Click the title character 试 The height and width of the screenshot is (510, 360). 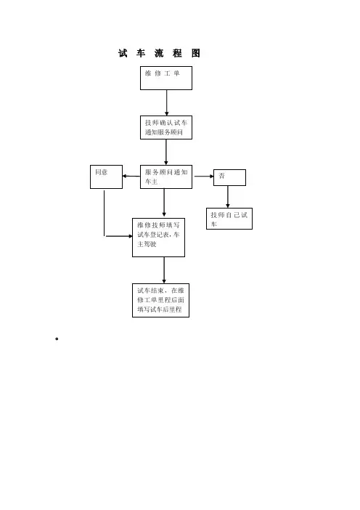tap(123, 53)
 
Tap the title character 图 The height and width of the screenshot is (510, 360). tap(195, 53)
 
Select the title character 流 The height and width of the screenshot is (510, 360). tap(159, 53)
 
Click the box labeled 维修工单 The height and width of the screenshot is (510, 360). tap(166, 78)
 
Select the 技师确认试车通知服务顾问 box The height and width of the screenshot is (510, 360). tap(166, 128)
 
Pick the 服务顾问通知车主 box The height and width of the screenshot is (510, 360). tap(166, 177)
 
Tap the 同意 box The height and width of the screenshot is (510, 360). tap(106, 177)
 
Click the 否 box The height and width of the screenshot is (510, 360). tap(229, 177)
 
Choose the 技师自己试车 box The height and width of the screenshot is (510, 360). tap(229, 219)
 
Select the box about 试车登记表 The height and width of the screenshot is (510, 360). tap(158, 238)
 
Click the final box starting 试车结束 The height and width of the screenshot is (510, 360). tap(160, 300)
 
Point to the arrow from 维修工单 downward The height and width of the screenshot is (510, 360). tap(167, 102)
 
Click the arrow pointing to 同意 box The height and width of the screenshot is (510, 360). tap(131, 177)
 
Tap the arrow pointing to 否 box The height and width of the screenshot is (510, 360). tap(204, 177)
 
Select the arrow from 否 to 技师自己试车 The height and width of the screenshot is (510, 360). tap(228, 197)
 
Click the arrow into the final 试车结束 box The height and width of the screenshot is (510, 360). tap(164, 270)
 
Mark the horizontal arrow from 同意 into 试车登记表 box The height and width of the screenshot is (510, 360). tap(119, 236)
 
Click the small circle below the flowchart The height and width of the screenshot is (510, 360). tap(57, 339)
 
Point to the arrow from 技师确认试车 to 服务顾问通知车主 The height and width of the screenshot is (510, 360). tap(166, 153)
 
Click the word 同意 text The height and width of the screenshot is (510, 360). tap(102, 172)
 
